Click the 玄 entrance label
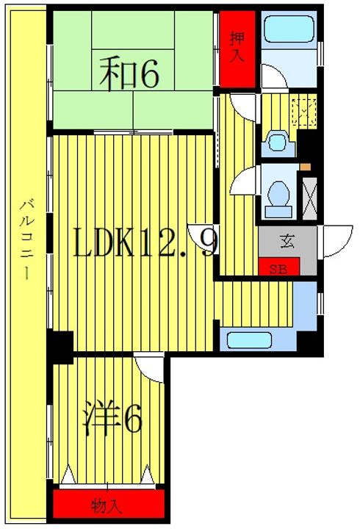(286, 239)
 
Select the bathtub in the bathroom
(288, 31)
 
